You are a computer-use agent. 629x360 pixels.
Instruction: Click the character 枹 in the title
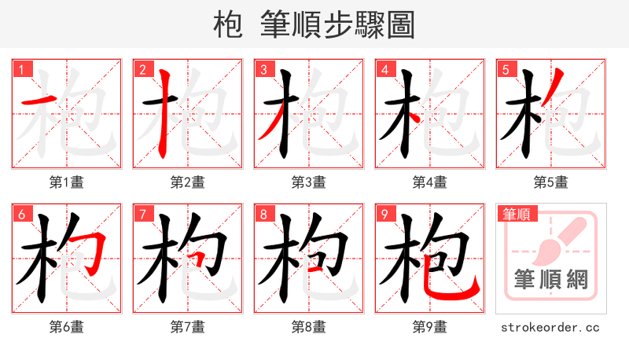[x=228, y=25]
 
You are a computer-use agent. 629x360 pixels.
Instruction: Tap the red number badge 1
[x=21, y=69]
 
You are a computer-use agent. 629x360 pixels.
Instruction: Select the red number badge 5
[x=506, y=69]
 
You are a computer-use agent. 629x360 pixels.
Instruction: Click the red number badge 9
[x=384, y=214]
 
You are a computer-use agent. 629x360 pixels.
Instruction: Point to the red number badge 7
[x=142, y=214]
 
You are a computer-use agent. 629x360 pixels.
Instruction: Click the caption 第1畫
[x=67, y=182]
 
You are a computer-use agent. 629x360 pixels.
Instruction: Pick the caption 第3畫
[x=309, y=182]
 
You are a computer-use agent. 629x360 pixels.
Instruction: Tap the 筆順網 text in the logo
[x=550, y=279]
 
